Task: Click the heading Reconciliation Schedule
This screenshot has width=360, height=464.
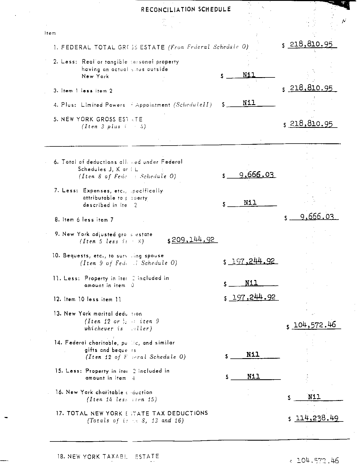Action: coord(186,9)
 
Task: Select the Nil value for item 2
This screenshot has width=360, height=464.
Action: coord(249,75)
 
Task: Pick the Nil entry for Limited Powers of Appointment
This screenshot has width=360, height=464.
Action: coord(249,103)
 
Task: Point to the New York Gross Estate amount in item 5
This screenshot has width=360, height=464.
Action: coord(311,124)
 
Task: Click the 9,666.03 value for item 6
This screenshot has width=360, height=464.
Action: coord(256,175)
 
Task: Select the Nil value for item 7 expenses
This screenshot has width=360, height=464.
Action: coord(250,203)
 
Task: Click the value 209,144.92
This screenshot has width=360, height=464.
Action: coord(193,240)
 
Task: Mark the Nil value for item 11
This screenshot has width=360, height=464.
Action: coord(251,283)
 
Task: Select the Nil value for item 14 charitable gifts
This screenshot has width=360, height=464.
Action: coord(253,354)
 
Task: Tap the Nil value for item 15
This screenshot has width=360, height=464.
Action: coord(253,376)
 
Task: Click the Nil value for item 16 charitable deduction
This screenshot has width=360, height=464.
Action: coord(314,397)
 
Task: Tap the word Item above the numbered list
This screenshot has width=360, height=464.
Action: coord(50,33)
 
